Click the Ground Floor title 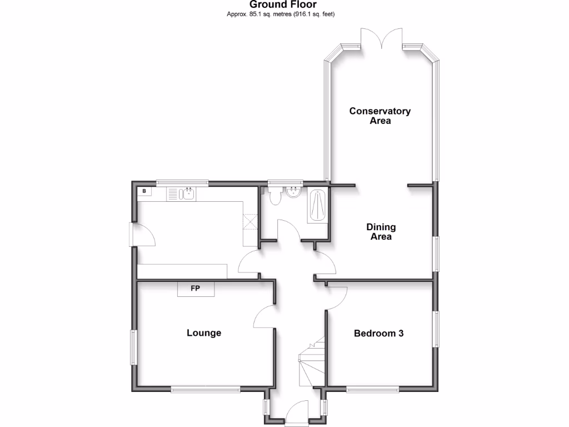point(283,5)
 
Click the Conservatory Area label point(380,116)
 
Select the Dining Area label point(381,232)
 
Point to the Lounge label point(203,333)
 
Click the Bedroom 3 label point(378,334)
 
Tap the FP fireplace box point(196,289)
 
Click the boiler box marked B point(144,191)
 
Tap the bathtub point(317,206)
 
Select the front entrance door point(296,416)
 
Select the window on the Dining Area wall point(436,254)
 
